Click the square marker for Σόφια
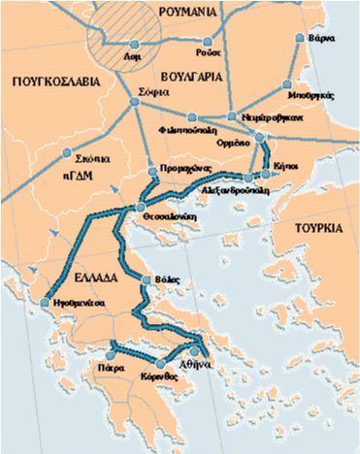[x=135, y=101]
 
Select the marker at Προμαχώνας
[x=152, y=171]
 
